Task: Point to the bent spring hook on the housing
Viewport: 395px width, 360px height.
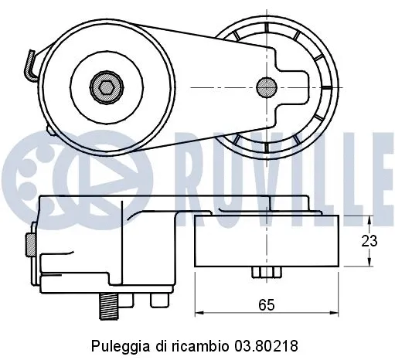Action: click(29, 65)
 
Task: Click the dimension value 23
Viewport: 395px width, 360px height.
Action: click(370, 241)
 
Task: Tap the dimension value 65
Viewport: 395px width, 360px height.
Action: click(267, 304)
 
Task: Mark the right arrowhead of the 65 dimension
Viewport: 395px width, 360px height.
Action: click(336, 313)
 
